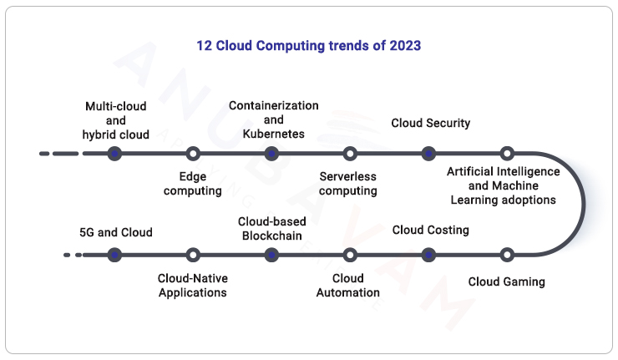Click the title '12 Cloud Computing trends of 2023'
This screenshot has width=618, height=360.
click(x=309, y=46)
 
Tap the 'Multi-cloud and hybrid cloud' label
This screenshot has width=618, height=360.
click(x=116, y=120)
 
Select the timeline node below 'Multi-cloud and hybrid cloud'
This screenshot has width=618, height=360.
click(x=115, y=154)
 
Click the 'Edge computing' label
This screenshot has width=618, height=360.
click(x=193, y=184)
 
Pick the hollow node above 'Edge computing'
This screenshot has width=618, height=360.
click(x=193, y=154)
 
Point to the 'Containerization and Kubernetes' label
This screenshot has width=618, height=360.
click(x=274, y=119)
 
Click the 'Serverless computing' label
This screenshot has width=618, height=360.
click(x=348, y=184)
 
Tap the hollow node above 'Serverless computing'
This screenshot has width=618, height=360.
click(x=350, y=154)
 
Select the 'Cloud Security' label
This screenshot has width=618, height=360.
click(x=431, y=124)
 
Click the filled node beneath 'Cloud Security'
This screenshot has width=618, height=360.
click(x=428, y=154)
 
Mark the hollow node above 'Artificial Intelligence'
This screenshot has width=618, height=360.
click(x=507, y=154)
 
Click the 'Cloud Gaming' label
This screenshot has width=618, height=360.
click(x=506, y=282)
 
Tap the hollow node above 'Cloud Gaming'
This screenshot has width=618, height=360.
click(x=507, y=255)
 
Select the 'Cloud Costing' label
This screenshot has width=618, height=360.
click(x=431, y=230)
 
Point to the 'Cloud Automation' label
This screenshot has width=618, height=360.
click(x=348, y=286)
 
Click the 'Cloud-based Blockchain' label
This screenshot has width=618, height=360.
click(x=272, y=228)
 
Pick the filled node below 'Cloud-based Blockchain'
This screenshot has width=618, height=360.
click(x=271, y=255)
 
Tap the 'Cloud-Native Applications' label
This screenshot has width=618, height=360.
click(x=193, y=286)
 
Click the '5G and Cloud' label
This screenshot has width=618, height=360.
click(x=116, y=232)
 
